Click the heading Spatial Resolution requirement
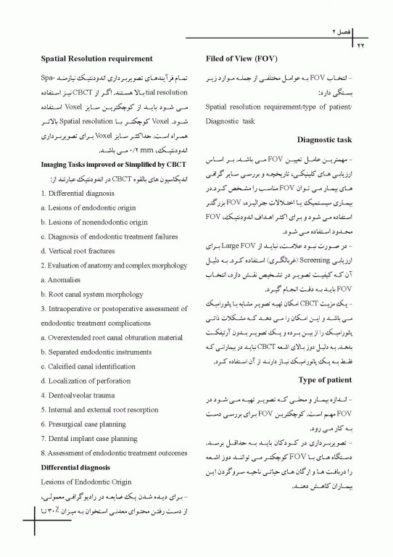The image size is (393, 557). click(x=96, y=58)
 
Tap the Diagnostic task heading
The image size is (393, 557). click(x=324, y=139)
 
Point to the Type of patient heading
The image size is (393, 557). click(x=325, y=379)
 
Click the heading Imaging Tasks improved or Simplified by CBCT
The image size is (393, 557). click(x=114, y=165)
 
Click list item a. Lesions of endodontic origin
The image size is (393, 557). click(x=88, y=208)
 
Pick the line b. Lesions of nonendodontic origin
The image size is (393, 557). click(x=94, y=222)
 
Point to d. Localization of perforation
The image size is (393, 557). click(x=87, y=380)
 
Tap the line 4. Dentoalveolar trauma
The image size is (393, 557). click(x=78, y=395)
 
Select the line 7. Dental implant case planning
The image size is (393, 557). click(x=89, y=438)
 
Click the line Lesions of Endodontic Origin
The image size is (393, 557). click(x=86, y=481)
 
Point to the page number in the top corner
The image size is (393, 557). click(x=359, y=46)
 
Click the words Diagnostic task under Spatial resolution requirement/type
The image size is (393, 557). click(x=231, y=120)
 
